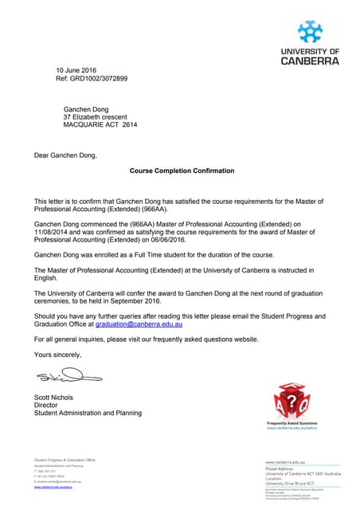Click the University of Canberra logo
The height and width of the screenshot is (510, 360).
pyautogui.click(x=310, y=43)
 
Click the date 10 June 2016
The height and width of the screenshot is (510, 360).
pyautogui.click(x=76, y=71)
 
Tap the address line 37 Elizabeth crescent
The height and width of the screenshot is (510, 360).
pyautogui.click(x=102, y=117)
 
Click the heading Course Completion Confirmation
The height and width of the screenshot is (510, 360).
pyautogui.click(x=182, y=171)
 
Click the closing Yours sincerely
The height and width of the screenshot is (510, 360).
pyautogui.click(x=58, y=354)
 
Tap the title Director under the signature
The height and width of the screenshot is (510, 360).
pyautogui.click(x=47, y=405)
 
